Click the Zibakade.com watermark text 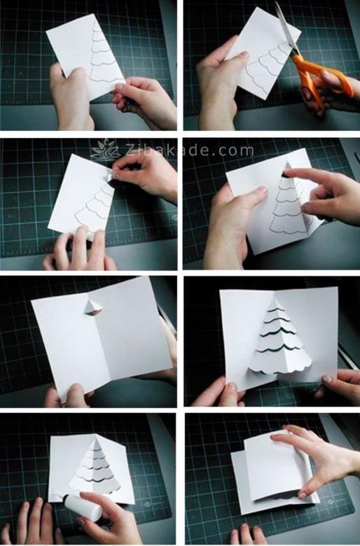(190, 150)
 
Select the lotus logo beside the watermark (105, 150)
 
